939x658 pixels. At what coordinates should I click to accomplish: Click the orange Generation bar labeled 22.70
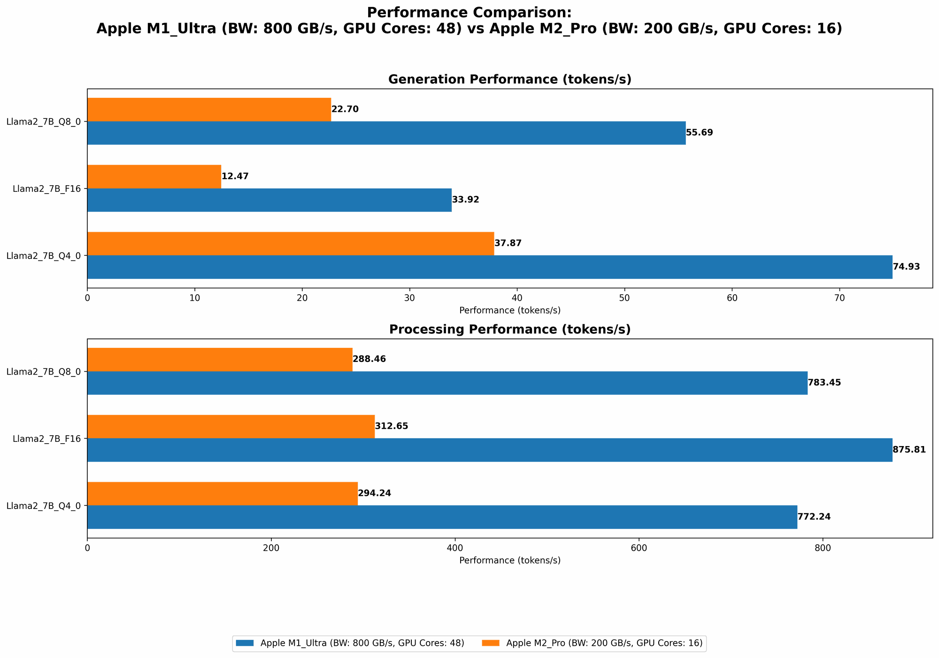point(209,110)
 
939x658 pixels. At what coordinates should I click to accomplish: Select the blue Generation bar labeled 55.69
point(386,133)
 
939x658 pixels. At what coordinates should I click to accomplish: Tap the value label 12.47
point(235,177)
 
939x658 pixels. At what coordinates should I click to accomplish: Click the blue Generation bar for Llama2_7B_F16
point(269,200)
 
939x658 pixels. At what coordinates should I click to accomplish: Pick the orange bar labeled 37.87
point(290,243)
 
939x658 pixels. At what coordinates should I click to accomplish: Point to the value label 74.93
point(906,267)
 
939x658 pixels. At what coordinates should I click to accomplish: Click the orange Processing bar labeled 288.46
point(220,360)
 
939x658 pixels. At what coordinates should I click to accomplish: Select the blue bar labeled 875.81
point(489,450)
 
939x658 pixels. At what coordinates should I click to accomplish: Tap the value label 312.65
point(392,426)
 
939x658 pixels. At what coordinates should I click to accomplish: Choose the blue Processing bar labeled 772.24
point(442,517)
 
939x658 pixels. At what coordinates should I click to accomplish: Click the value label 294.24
point(374,493)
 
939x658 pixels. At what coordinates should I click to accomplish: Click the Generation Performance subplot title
point(509,79)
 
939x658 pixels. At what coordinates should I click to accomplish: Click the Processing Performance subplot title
point(509,329)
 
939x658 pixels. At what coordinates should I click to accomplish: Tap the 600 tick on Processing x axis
point(639,548)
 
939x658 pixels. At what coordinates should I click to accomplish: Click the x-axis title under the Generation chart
point(509,310)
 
